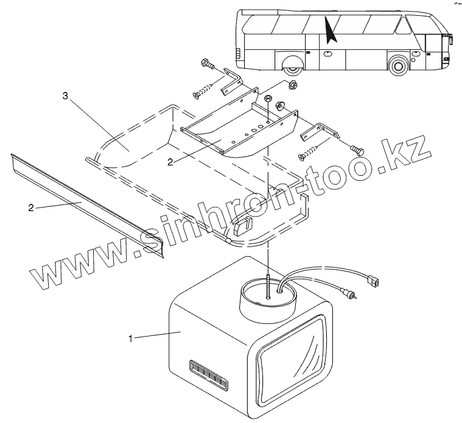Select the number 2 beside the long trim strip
(30, 208)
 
